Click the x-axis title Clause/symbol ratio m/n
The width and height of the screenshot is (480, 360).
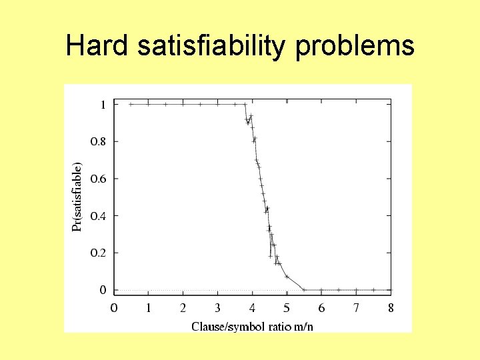coord(252,326)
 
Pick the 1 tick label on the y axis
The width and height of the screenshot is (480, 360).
coord(103,104)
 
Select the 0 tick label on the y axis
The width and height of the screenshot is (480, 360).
coord(103,290)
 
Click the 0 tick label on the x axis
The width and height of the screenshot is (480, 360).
coord(114,308)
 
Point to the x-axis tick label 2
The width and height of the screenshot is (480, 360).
coord(183,308)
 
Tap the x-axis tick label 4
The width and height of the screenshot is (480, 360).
coord(252,308)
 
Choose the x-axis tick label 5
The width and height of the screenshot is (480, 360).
coord(287,308)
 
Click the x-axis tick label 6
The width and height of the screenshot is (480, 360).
coord(321,308)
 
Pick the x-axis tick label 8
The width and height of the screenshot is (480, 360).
coord(391,308)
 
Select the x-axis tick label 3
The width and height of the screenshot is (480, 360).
coord(217,308)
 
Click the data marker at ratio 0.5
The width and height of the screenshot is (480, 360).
coord(131,104)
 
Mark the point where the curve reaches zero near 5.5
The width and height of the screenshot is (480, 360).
coord(304,290)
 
